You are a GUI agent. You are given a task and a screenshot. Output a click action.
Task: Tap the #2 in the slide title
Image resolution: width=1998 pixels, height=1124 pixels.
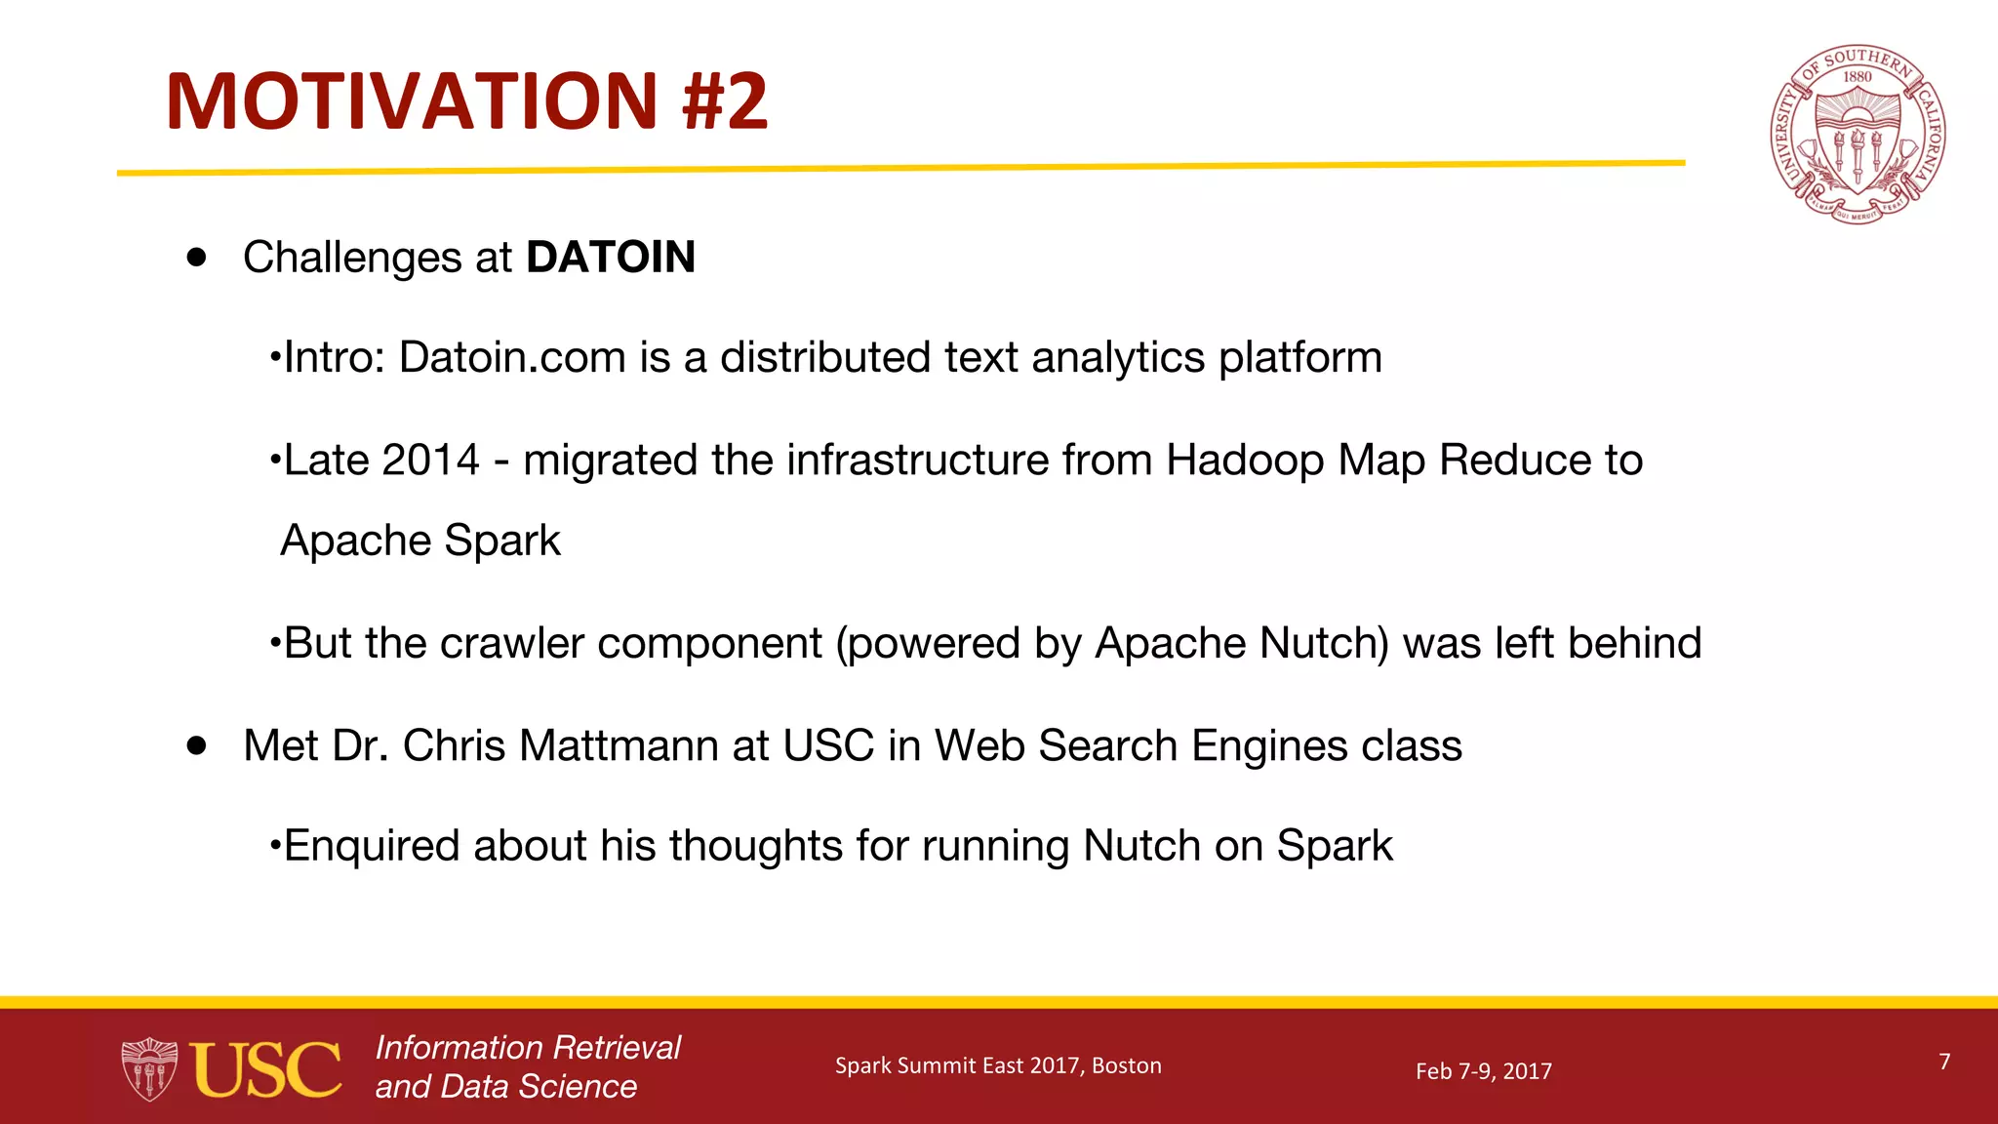725,101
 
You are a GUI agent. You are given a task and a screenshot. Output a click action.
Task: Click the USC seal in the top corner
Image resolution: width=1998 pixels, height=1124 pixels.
1858,135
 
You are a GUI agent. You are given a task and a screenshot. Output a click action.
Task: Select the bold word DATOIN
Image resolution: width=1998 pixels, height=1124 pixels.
610,258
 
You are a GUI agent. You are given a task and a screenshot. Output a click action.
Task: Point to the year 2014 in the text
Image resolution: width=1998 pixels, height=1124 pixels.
430,460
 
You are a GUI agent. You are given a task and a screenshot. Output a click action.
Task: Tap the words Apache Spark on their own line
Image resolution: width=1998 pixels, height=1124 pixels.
420,541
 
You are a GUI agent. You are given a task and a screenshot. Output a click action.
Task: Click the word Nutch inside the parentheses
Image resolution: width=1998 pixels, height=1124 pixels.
1323,644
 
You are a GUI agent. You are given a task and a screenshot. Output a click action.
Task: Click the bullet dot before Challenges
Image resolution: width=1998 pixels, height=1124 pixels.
198,258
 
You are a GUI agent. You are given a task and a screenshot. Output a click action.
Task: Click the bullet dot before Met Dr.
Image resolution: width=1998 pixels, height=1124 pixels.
198,746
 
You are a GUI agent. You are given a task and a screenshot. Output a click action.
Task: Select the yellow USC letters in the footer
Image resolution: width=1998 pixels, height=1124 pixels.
265,1069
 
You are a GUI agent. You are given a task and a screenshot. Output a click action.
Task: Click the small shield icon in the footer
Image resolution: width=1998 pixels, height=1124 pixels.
149,1069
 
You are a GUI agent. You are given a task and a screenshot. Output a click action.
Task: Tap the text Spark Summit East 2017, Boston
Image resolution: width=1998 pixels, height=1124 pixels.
998,1065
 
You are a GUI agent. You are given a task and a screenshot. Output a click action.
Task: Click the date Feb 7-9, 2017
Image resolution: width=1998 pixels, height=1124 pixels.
1483,1071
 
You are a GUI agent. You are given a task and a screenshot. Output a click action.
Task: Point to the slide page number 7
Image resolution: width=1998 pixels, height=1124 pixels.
1944,1062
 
